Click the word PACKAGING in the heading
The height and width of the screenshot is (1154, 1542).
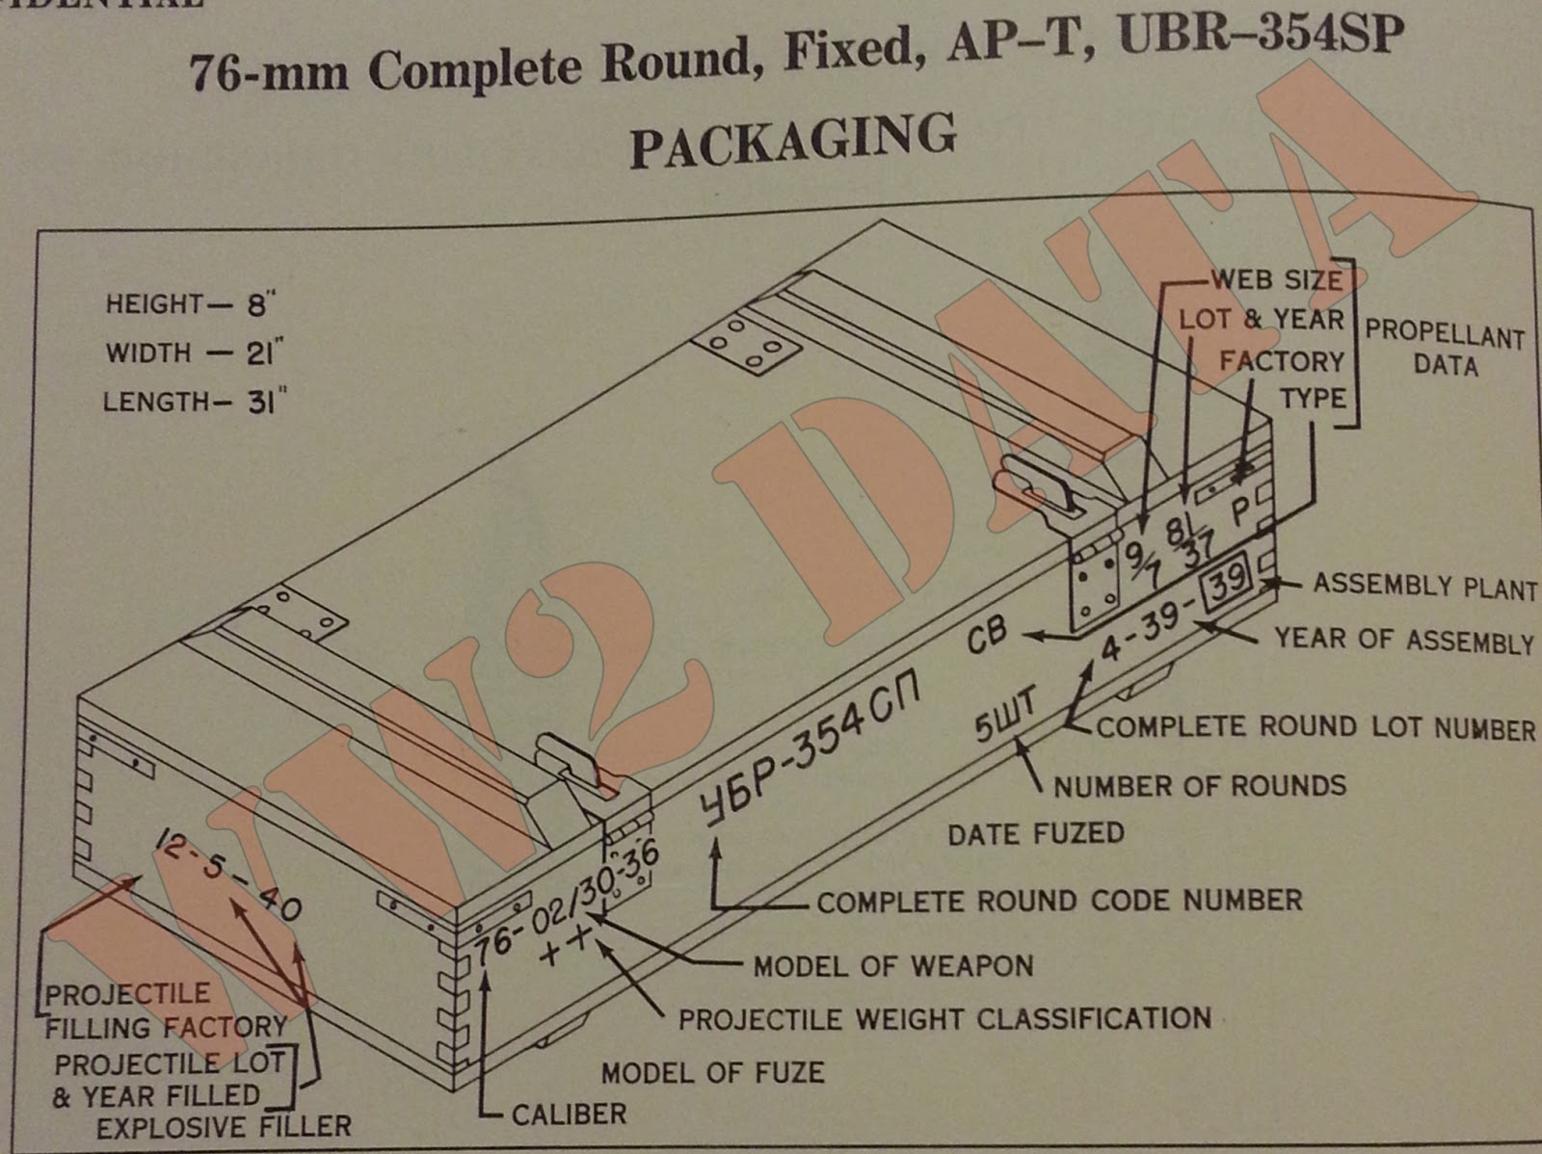(x=793, y=140)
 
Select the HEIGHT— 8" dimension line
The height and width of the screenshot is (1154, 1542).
(x=190, y=305)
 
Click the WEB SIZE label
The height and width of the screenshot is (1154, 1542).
(x=1276, y=280)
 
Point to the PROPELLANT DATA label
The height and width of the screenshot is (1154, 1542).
(x=1444, y=349)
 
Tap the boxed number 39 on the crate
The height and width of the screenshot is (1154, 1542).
(x=1225, y=582)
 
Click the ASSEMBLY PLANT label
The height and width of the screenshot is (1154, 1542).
(x=1424, y=586)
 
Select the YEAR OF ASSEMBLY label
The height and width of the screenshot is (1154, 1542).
(x=1403, y=640)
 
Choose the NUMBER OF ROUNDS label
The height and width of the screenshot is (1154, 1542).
(x=1199, y=786)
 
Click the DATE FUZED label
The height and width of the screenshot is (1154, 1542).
(x=1035, y=833)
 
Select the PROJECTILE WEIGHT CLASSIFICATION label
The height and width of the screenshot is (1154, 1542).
(x=944, y=1019)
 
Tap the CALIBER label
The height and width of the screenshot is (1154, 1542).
(x=569, y=1115)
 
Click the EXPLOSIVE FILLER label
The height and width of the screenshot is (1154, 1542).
(x=224, y=1127)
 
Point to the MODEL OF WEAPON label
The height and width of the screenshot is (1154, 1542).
(x=892, y=965)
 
